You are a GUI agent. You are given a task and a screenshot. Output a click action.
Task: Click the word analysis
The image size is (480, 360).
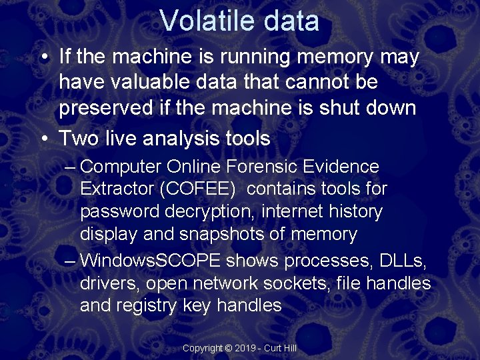pos(181,139)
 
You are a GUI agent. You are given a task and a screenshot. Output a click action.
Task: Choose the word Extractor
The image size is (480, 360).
pos(117,189)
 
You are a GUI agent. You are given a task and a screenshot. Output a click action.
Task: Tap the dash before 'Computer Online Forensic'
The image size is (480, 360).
pos(70,167)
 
